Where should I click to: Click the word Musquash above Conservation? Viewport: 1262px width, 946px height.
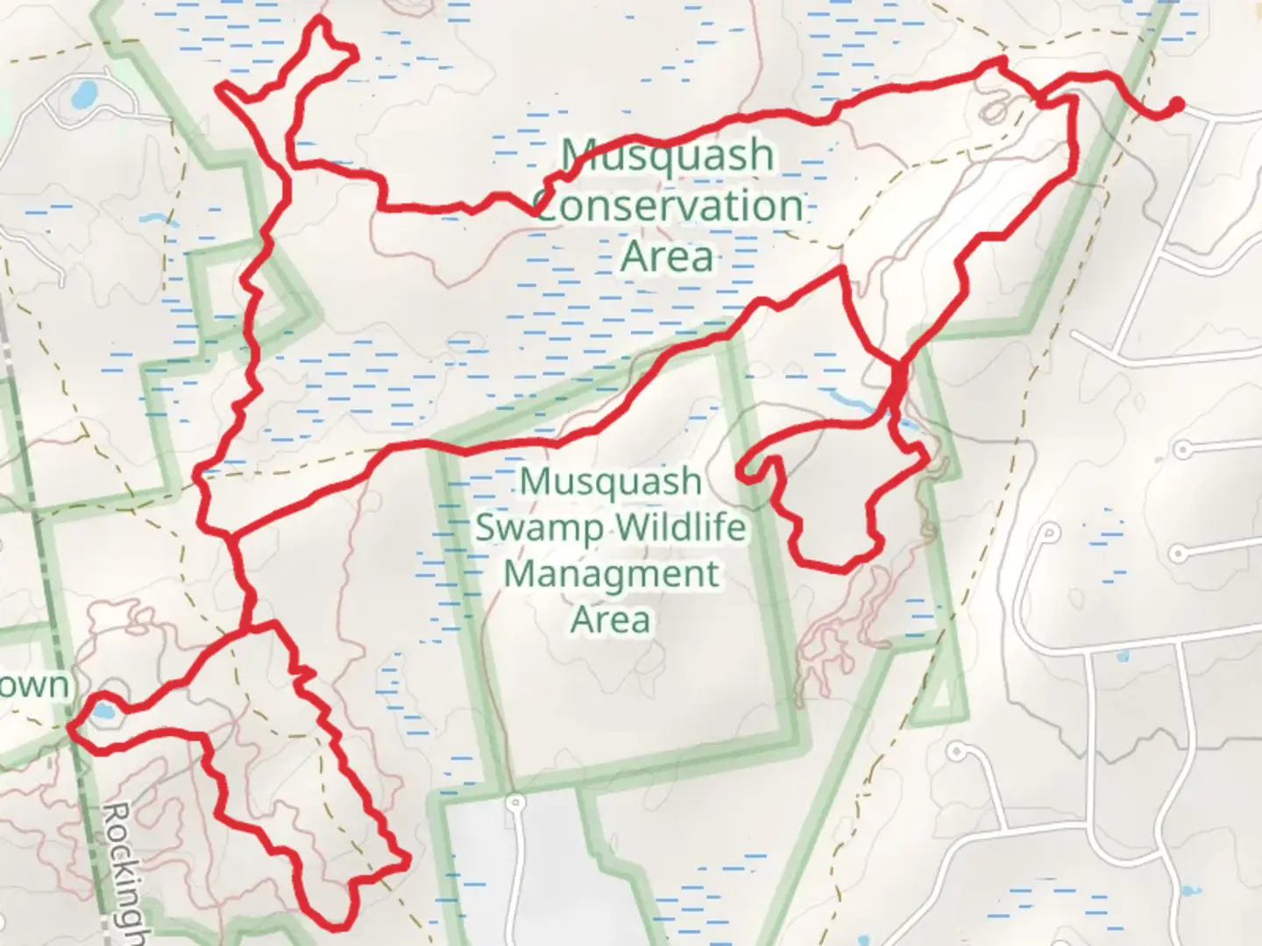[668, 156]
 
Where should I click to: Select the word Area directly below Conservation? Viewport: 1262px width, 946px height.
[667, 258]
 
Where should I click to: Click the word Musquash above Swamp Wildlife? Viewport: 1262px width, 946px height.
[611, 482]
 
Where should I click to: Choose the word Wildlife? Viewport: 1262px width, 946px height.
[681, 528]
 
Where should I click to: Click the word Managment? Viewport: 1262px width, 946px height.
[612, 575]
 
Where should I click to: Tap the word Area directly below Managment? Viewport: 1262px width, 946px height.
[611, 619]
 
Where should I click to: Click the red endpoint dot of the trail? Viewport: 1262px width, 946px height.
[1177, 105]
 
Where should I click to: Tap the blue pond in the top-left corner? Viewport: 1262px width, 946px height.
[85, 94]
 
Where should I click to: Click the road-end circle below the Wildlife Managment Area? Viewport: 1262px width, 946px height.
[515, 801]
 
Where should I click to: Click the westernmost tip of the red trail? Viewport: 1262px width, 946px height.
[70, 726]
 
